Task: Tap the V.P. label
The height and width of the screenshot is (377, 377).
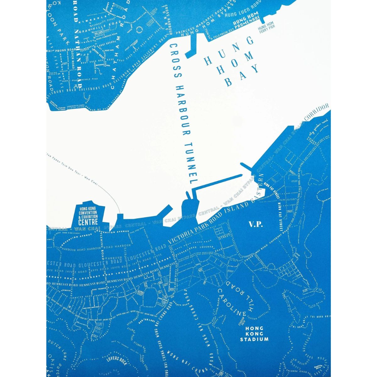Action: (255, 224)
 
